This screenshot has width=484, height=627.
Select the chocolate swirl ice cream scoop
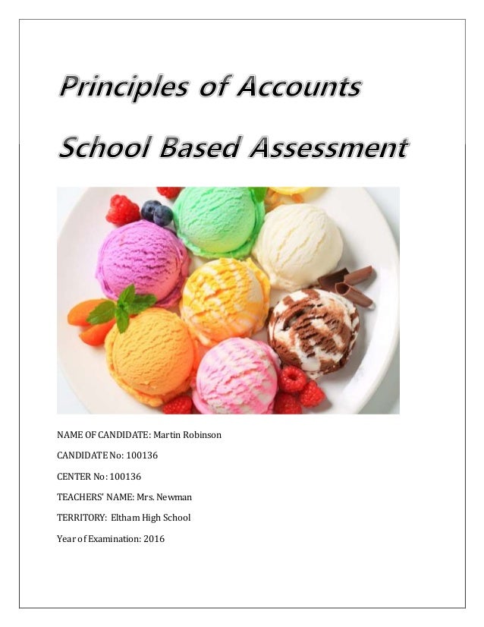coord(313,331)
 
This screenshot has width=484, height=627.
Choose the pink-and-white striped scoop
coord(237,377)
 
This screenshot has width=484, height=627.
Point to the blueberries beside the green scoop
coord(157,212)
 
